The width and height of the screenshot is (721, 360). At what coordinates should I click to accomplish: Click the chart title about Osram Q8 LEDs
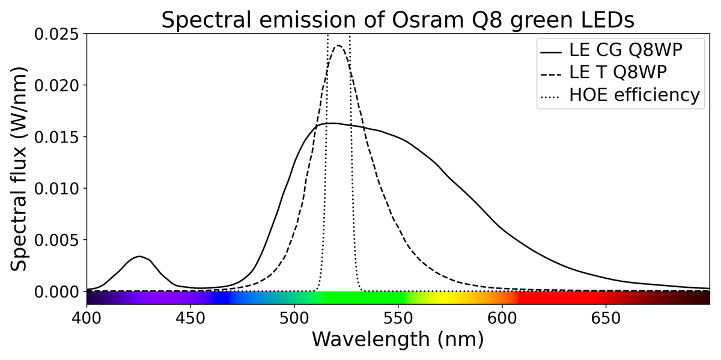click(x=397, y=19)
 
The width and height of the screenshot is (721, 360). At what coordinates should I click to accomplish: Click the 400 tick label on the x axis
click(x=87, y=317)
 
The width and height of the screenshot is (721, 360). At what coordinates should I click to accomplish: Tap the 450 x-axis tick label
click(x=190, y=317)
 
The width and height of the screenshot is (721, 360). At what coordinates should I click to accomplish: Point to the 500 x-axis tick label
click(x=294, y=317)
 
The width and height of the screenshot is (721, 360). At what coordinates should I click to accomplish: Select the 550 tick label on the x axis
click(x=398, y=317)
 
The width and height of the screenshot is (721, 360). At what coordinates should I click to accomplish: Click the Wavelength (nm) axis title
click(x=397, y=340)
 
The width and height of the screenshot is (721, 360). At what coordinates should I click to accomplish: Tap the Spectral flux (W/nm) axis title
click(x=22, y=162)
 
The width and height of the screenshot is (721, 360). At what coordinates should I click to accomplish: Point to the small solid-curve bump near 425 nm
click(x=139, y=257)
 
